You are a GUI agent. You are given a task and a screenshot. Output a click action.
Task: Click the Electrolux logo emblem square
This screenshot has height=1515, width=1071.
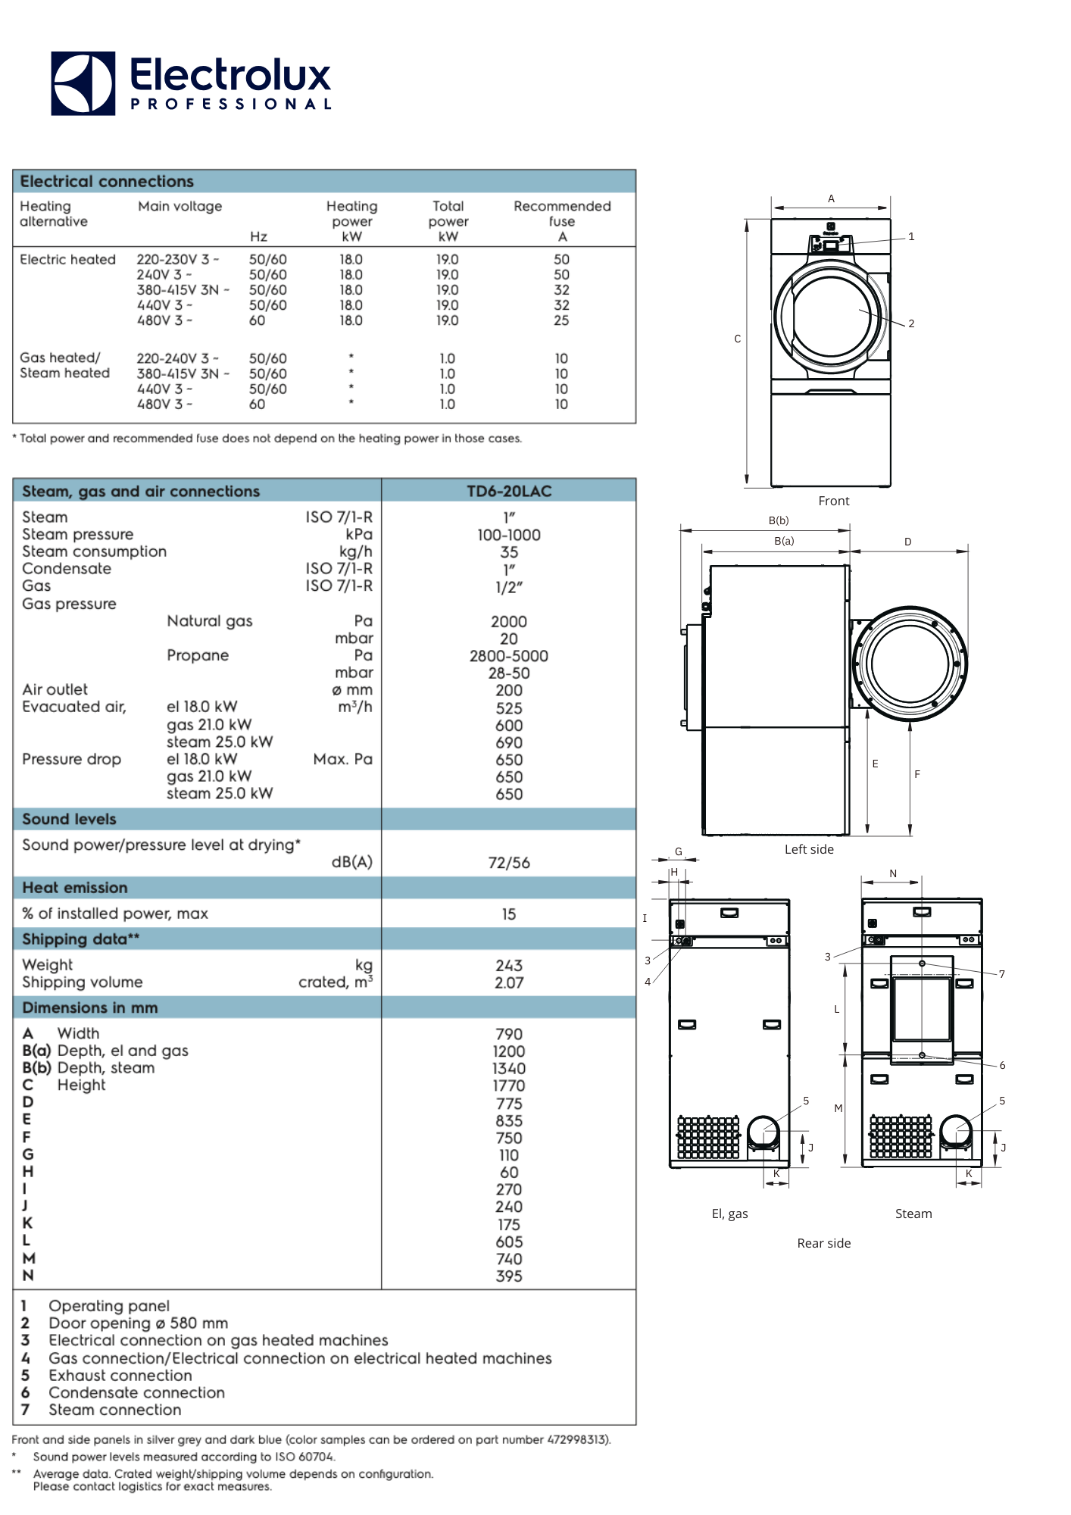click(x=83, y=83)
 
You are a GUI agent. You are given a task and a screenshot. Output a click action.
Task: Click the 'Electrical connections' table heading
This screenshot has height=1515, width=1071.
click(x=107, y=182)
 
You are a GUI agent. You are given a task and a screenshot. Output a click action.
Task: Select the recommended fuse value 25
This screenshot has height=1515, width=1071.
click(x=561, y=320)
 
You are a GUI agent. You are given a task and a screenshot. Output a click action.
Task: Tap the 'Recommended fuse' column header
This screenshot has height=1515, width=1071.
click(x=562, y=214)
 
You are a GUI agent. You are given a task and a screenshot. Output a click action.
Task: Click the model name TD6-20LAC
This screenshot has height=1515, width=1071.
click(x=509, y=491)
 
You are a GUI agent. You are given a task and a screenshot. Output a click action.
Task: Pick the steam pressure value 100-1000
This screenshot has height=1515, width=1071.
click(x=509, y=535)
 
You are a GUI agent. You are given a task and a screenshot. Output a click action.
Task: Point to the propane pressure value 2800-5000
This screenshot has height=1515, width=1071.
click(x=509, y=656)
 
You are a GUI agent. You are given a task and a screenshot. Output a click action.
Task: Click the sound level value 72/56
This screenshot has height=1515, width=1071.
click(x=509, y=863)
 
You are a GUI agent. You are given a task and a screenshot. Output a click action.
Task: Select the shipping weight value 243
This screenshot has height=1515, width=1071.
click(x=509, y=966)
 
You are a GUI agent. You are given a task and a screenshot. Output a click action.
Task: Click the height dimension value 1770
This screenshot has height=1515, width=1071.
click(x=509, y=1085)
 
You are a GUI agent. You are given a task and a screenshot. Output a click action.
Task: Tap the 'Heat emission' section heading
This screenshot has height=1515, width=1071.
click(x=75, y=888)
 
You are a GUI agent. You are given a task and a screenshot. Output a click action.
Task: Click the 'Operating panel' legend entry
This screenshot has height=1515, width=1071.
click(x=109, y=1306)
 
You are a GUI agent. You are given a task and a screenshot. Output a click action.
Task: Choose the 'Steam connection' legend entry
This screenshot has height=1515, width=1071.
click(x=115, y=1410)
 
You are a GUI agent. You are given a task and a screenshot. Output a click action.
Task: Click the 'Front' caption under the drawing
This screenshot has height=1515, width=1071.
click(x=834, y=501)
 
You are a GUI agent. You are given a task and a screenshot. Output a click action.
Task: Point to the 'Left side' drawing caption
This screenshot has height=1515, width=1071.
click(x=809, y=849)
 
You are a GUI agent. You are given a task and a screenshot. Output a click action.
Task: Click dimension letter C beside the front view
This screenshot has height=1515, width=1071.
click(x=738, y=339)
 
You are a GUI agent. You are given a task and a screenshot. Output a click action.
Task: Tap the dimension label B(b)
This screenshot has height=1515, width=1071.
click(x=779, y=520)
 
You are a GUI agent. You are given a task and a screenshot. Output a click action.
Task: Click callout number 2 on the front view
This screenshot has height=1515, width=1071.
click(x=911, y=323)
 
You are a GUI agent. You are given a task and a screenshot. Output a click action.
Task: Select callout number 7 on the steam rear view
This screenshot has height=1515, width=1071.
click(x=1001, y=974)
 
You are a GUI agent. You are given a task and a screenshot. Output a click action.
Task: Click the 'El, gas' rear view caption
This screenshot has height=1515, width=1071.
click(x=729, y=1214)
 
